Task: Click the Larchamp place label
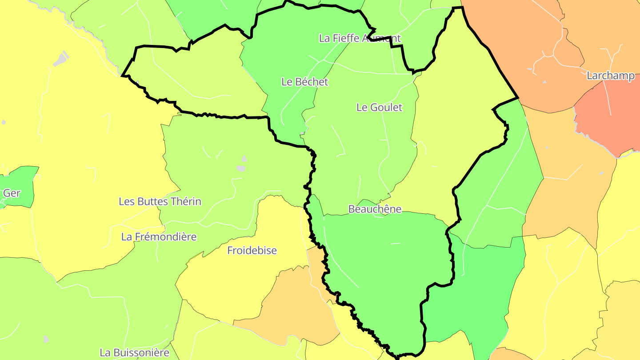click(x=610, y=76)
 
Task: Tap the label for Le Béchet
click(x=305, y=82)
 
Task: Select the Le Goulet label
click(x=379, y=107)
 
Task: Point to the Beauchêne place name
click(x=375, y=209)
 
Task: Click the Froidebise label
click(x=252, y=250)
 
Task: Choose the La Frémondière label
click(x=159, y=237)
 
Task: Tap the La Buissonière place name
click(x=134, y=353)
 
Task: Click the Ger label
click(x=12, y=193)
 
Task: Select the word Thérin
click(x=185, y=201)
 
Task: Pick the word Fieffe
click(x=346, y=38)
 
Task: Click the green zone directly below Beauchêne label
click(x=382, y=267)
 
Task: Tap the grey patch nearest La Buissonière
click(x=46, y=339)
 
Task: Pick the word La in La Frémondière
click(x=127, y=237)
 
